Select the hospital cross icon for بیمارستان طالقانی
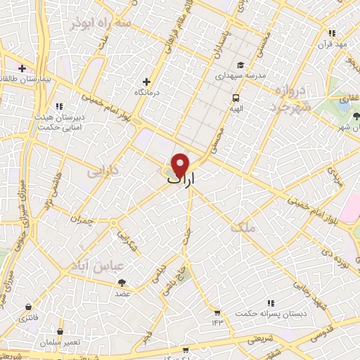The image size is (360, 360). click(22, 69)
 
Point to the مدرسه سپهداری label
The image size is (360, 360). click(240, 74)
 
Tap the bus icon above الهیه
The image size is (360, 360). click(236, 98)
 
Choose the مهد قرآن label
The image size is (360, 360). click(331, 44)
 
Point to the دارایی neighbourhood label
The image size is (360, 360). click(103, 171)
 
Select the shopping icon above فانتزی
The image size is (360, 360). click(28, 307)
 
